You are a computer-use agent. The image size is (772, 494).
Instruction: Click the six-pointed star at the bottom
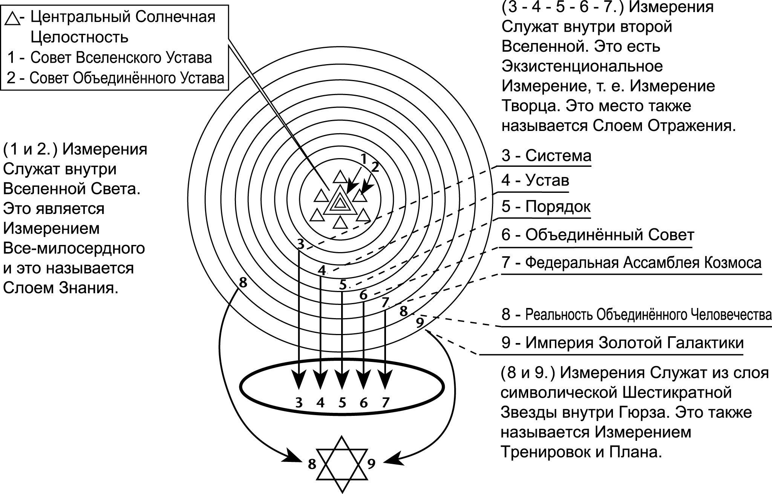(x=342, y=464)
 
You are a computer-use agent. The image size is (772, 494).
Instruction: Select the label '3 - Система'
(x=546, y=155)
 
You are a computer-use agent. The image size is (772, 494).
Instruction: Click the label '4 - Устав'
(x=535, y=180)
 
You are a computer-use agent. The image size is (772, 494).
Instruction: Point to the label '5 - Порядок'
(x=546, y=207)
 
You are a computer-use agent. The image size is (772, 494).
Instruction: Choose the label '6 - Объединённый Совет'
(x=597, y=235)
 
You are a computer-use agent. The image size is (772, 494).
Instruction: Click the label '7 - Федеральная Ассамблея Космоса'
(x=631, y=262)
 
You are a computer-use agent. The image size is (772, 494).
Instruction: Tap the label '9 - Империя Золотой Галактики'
(x=622, y=343)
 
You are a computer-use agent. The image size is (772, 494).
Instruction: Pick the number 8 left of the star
(x=312, y=464)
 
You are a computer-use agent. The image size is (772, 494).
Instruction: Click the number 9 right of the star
(x=371, y=463)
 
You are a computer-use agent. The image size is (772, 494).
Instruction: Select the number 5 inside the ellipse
(x=342, y=403)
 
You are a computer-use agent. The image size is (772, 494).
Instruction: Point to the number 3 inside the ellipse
(x=299, y=403)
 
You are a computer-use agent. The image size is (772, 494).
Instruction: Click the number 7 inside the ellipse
(x=385, y=403)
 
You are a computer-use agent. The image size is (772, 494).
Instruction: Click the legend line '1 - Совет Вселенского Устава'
(x=110, y=58)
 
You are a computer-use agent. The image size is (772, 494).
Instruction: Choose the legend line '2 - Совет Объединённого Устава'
(x=115, y=78)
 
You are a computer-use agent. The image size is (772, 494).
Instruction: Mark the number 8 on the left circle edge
(x=243, y=282)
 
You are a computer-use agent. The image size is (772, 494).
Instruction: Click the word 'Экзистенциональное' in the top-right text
(x=582, y=66)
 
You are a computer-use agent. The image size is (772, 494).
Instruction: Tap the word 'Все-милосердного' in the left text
(x=74, y=248)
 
